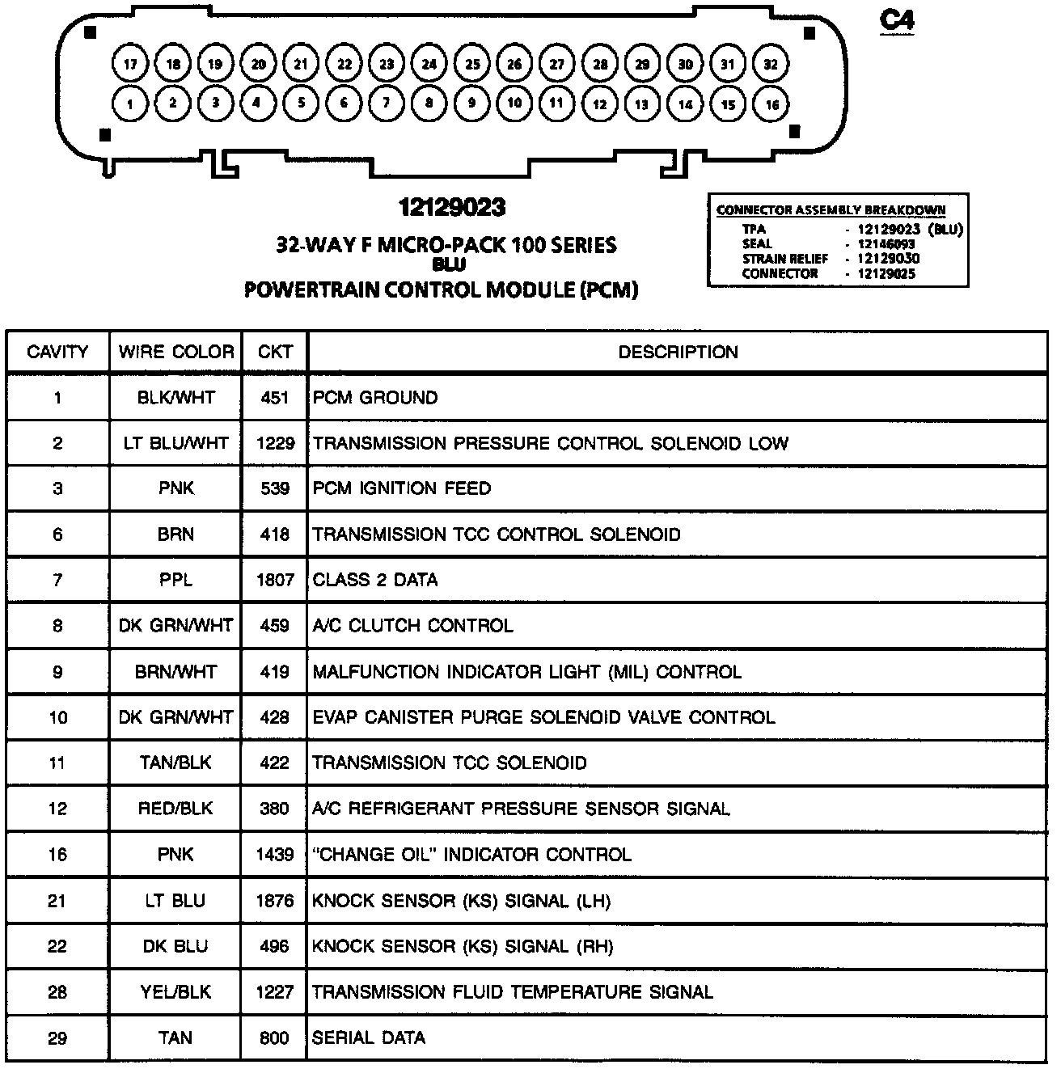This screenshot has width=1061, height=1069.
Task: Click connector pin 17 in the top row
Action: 131,64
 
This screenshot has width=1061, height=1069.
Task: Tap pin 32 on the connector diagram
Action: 771,64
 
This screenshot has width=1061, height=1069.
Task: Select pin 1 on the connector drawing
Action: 130,104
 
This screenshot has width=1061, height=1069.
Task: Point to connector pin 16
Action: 772,104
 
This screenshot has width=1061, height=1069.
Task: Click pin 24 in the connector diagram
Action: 429,64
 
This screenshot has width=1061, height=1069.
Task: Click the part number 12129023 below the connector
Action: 451,209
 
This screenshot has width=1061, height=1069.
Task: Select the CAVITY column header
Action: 57,352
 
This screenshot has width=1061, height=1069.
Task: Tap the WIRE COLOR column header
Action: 175,352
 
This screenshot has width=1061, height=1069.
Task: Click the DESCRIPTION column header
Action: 678,352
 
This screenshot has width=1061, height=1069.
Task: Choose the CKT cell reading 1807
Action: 275,580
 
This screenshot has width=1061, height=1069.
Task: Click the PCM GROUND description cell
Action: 375,398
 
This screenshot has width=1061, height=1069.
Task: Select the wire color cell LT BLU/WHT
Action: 175,443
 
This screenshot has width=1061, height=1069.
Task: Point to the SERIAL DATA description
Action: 369,1037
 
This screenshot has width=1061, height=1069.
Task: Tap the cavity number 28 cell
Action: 57,992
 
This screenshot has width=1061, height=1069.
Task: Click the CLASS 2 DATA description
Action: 375,580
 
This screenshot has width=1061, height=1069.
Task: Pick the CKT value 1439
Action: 275,855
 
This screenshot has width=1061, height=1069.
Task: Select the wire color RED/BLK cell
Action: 175,809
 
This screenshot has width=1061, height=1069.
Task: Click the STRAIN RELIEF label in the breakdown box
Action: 785,259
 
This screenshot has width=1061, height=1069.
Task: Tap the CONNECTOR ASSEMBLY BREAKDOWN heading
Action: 831,210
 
